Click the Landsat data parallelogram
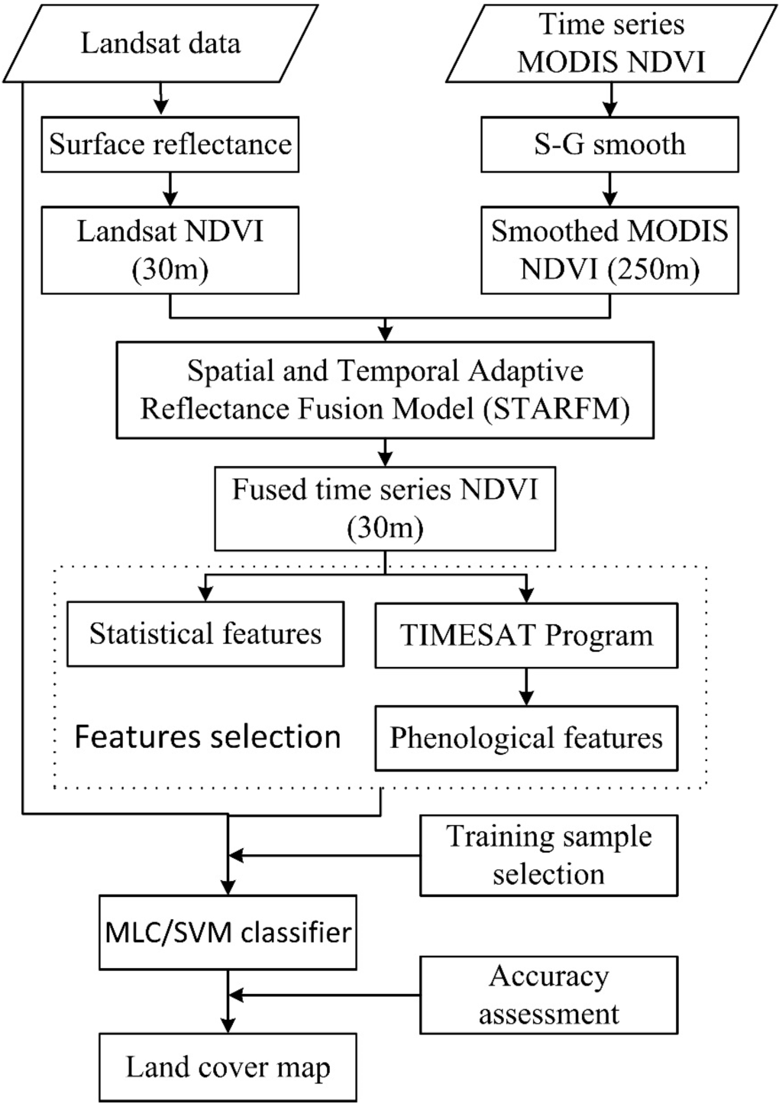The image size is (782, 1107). click(160, 43)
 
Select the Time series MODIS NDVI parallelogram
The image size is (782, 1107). click(610, 43)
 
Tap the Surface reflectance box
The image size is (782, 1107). click(170, 144)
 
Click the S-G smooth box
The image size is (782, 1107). click(609, 144)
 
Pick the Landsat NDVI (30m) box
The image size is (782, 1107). click(170, 250)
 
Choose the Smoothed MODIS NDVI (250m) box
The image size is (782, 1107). click(609, 250)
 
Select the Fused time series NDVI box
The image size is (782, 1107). click(385, 508)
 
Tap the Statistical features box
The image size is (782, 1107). click(205, 634)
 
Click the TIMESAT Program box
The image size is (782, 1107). click(526, 636)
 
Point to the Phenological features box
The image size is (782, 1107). click(526, 738)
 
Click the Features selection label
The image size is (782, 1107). click(207, 737)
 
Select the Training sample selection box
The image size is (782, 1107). click(548, 855)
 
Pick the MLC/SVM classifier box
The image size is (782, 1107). click(228, 933)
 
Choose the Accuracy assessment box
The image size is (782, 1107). click(548, 995)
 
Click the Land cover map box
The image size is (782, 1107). click(228, 1067)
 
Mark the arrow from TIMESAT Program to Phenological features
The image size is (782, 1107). click(526, 687)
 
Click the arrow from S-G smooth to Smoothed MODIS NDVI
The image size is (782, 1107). click(609, 189)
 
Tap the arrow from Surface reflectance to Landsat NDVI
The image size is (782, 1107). click(170, 189)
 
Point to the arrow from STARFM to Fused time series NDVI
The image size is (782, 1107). click(385, 452)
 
